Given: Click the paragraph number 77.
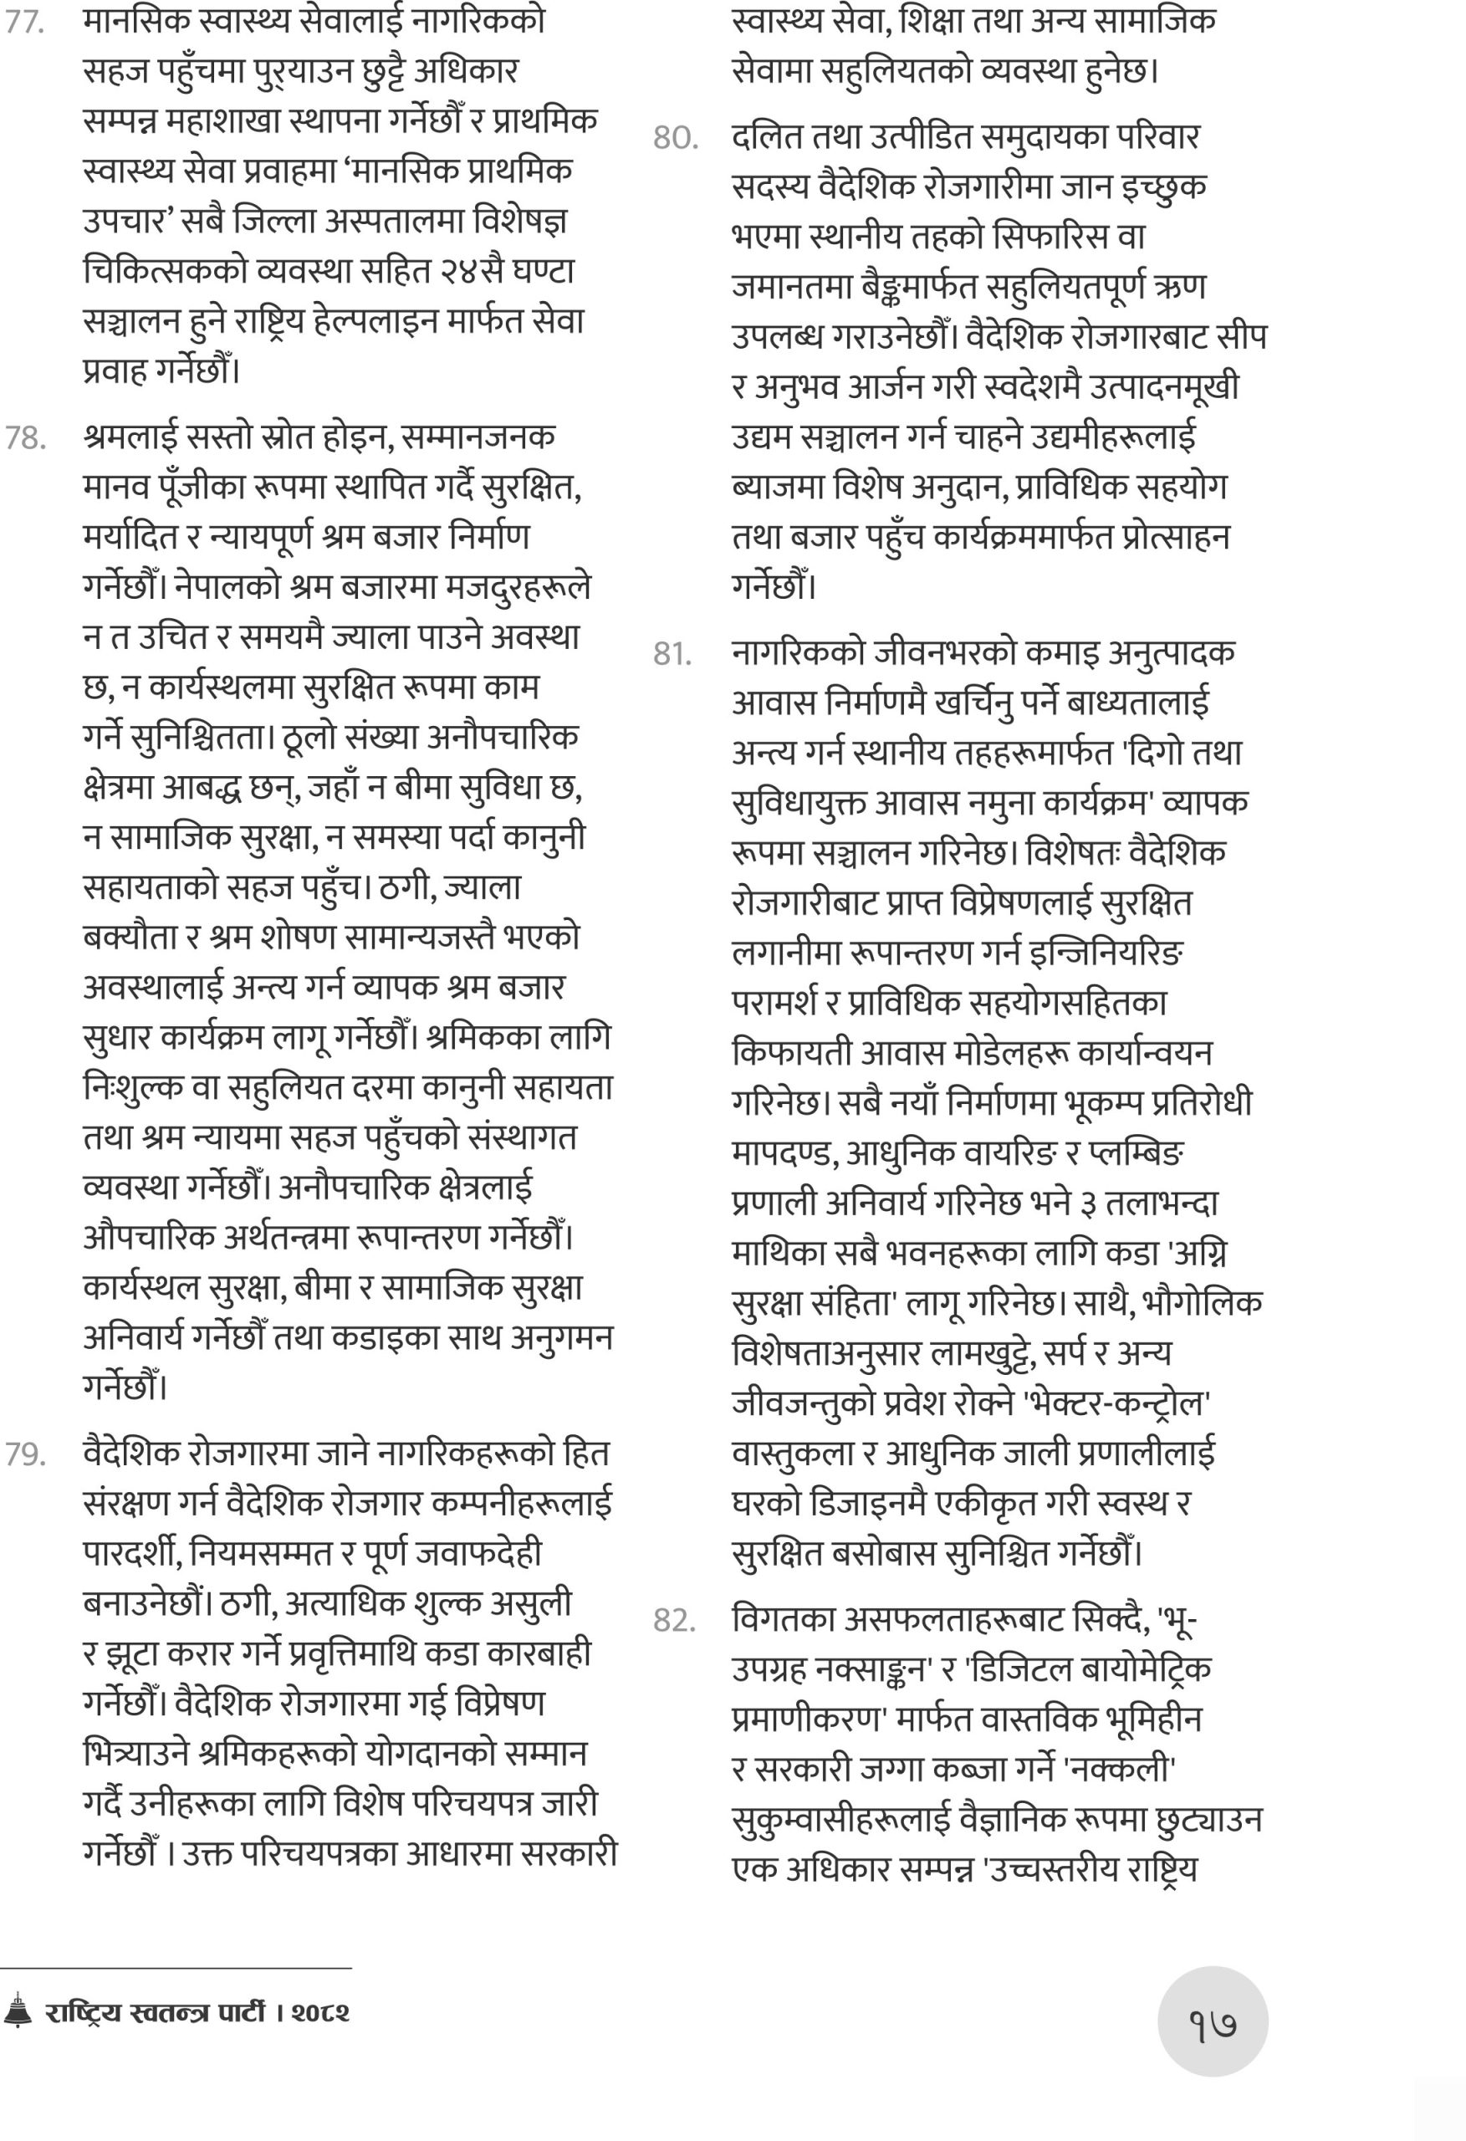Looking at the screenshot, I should click(25, 22).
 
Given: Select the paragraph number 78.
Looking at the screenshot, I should click(25, 438).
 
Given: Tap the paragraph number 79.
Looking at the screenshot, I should click(25, 1454).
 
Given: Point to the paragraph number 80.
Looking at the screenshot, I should click(676, 138).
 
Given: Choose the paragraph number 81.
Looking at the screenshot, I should click(672, 654).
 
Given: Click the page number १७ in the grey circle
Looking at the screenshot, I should click(1213, 2024).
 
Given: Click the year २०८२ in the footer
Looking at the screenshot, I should click(320, 2012).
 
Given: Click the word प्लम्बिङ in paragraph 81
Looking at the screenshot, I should click(1137, 1152).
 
